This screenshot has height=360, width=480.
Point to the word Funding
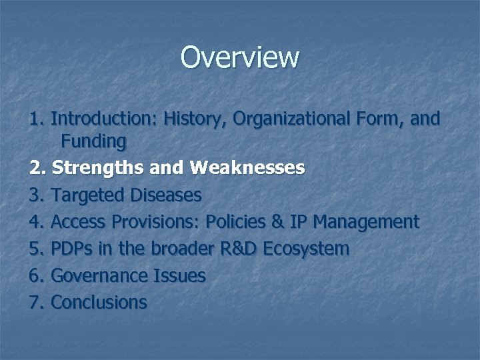pyautogui.click(x=93, y=141)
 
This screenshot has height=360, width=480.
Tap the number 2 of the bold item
pyautogui.click(x=35, y=168)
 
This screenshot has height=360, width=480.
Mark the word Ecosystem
pyautogui.click(x=306, y=249)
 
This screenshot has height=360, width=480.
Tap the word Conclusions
pyautogui.click(x=99, y=302)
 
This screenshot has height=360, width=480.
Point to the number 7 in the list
pyautogui.click(x=35, y=302)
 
